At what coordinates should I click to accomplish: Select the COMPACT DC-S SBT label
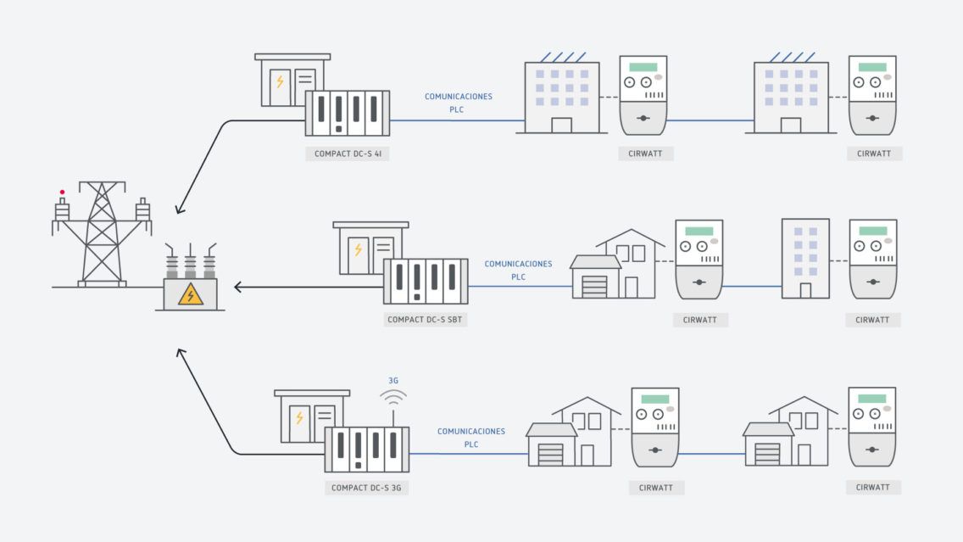(x=426, y=320)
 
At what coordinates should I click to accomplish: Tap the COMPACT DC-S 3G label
(x=365, y=488)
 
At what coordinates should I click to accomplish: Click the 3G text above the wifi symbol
(x=393, y=381)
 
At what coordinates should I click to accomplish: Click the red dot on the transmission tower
(x=61, y=193)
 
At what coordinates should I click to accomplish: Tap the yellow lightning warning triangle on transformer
(x=190, y=294)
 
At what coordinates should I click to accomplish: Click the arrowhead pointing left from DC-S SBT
(x=239, y=287)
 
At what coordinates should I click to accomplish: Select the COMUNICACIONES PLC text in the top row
(x=458, y=103)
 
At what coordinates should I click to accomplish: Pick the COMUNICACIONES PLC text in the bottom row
(x=470, y=437)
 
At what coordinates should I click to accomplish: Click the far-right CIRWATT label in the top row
(x=874, y=154)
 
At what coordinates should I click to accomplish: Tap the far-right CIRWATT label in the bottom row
(x=873, y=488)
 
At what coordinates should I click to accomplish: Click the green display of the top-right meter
(x=872, y=67)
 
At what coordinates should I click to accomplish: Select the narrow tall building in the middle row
(x=805, y=258)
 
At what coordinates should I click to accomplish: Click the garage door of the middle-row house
(x=594, y=286)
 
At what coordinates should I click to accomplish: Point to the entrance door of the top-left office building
(x=561, y=125)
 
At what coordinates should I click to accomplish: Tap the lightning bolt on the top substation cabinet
(x=279, y=81)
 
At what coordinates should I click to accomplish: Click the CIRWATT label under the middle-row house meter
(x=700, y=320)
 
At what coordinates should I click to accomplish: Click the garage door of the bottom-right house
(x=767, y=454)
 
